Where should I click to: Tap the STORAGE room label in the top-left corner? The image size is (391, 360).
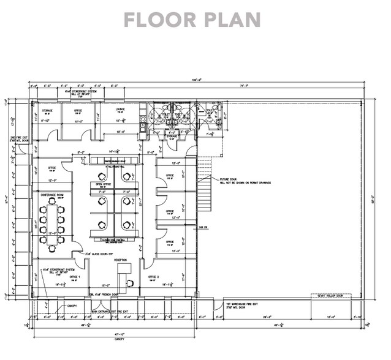pyautogui.click(x=47, y=111)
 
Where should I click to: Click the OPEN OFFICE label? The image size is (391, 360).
pyautogui.click(x=102, y=183)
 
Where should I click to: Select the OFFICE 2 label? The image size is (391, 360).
pyautogui.click(x=153, y=277)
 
